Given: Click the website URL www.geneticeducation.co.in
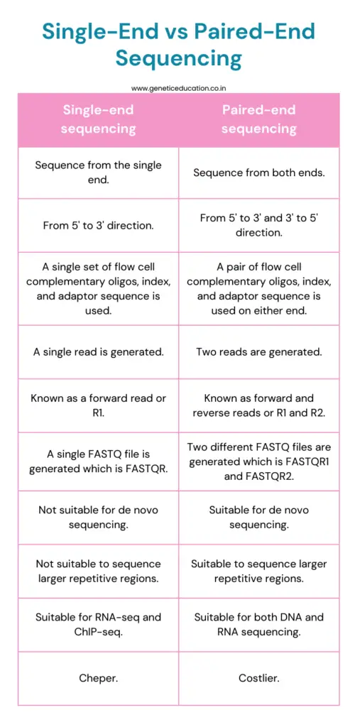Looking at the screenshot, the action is (179, 88).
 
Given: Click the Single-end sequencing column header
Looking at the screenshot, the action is (98, 119).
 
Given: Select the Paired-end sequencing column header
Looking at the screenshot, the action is (258, 119).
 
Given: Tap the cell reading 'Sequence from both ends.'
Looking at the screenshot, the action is (258, 173).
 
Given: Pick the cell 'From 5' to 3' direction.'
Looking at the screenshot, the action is (98, 226).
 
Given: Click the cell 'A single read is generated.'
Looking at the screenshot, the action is (98, 351).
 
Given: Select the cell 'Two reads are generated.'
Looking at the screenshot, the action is (258, 351).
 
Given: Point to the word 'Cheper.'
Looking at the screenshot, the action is (98, 678).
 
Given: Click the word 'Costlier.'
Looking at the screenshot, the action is (258, 678).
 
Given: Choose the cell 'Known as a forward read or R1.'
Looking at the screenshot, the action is (98, 405).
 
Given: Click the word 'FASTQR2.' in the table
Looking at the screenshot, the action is (284, 476).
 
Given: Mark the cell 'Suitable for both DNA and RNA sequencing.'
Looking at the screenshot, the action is (258, 624).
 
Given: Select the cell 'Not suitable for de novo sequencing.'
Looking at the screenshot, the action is (98, 517).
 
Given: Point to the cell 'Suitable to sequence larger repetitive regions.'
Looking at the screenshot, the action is (258, 571).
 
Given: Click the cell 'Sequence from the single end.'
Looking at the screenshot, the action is (98, 173).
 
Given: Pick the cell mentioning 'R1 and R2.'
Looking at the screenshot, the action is (258, 405).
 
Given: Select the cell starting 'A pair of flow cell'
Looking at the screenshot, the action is (258, 289).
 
